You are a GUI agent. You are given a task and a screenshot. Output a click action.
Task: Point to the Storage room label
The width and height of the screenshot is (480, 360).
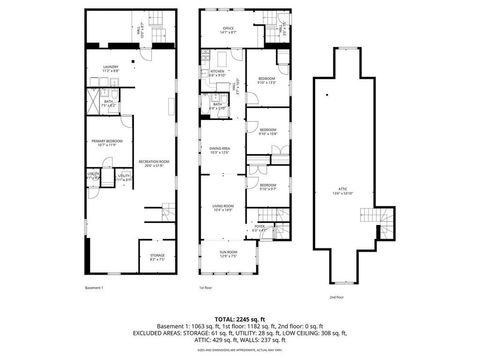pyautogui.click(x=157, y=257)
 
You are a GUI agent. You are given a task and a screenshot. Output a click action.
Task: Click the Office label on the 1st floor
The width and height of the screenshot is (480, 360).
pyautogui.click(x=228, y=30)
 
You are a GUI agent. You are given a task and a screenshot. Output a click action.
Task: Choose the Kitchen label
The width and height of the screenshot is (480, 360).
pyautogui.click(x=216, y=73)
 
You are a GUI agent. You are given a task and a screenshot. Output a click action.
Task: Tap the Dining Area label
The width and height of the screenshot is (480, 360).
pyautogui.click(x=220, y=151)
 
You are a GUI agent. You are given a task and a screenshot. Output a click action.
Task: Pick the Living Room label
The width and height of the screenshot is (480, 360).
pyautogui.click(x=223, y=207)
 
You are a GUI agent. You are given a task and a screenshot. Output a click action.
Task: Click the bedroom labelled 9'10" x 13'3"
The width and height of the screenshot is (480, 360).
pyautogui.click(x=266, y=80)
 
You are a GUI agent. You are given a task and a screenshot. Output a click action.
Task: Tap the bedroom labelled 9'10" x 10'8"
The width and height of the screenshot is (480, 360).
pyautogui.click(x=268, y=131)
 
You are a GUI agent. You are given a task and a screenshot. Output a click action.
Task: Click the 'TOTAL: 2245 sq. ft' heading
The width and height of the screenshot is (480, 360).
pyautogui.click(x=240, y=319)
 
